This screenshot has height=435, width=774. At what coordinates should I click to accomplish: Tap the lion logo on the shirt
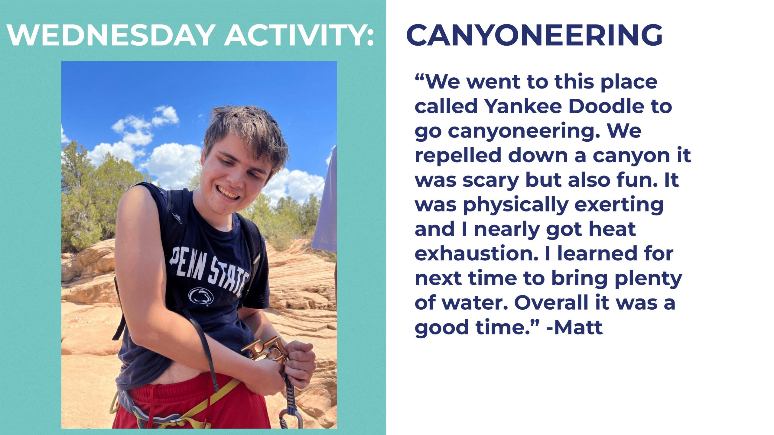(x=201, y=296)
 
